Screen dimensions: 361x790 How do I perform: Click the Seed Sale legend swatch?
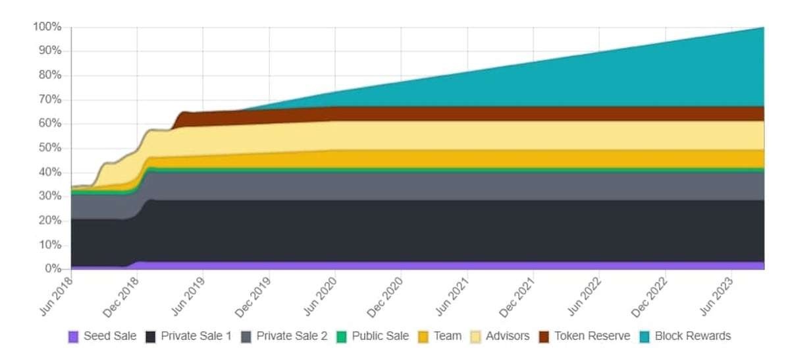[73, 337]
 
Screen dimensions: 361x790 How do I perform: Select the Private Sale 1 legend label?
[196, 336]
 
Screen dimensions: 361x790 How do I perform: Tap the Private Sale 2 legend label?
[292, 336]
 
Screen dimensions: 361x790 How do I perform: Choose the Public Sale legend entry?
[380, 336]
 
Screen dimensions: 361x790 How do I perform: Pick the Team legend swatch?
[423, 337]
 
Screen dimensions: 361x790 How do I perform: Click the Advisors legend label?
[508, 336]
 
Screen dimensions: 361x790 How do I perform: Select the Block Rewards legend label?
[693, 336]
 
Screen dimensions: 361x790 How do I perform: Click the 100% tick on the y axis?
[47, 27]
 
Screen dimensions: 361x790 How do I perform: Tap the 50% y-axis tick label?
[49, 148]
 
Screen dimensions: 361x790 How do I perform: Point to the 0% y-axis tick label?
[52, 269]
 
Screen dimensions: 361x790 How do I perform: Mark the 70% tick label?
[49, 99]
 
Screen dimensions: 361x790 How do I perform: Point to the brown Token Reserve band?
[527, 113]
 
